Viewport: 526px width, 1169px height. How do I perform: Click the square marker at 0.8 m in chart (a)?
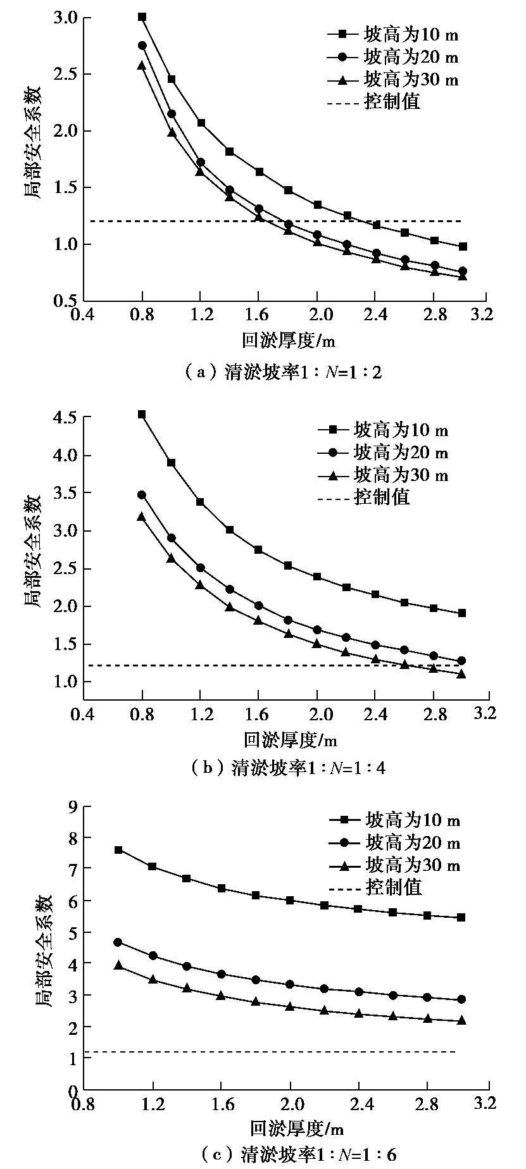[142, 17]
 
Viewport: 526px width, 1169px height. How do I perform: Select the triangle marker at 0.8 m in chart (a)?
[142, 65]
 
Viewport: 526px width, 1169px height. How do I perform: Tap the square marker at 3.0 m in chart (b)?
[461, 613]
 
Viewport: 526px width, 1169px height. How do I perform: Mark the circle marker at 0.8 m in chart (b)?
[142, 495]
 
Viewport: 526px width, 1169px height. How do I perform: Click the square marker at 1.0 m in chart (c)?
[118, 850]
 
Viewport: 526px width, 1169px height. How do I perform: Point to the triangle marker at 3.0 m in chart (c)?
[461, 1020]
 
